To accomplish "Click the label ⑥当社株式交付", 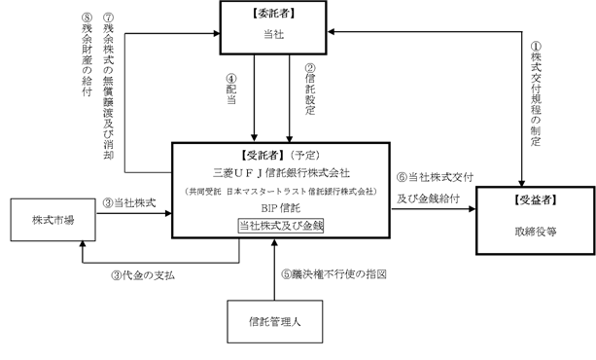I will [x=435, y=177].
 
